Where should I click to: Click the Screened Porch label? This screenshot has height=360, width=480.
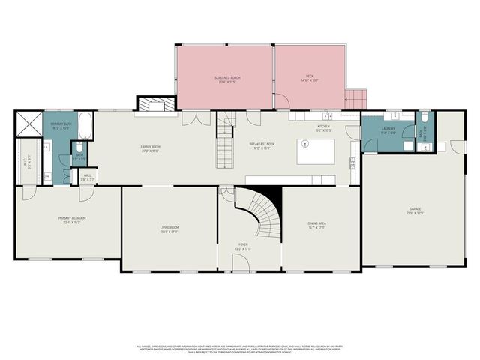pos(226,79)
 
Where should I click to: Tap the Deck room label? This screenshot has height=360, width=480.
pos(310,79)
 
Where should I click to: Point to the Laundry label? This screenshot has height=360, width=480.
pos(388,130)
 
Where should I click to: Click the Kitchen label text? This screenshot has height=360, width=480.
pos(323,130)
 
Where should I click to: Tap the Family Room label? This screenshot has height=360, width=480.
pos(151,148)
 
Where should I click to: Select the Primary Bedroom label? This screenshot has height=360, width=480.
pos(72,220)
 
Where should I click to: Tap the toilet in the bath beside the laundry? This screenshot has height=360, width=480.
pos(424,118)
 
